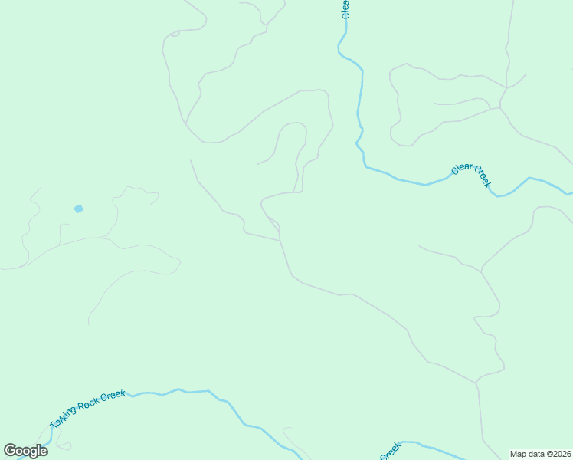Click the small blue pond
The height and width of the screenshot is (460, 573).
pos(78,209)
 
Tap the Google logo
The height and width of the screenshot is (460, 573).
pos(25,451)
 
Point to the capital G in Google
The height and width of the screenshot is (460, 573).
pos(10,450)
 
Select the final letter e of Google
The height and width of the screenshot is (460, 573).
pos(44,452)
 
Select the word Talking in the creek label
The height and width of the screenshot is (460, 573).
pos(64,415)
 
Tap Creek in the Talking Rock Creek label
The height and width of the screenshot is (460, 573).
pos(113,394)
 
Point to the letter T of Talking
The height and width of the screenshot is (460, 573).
pos(53,425)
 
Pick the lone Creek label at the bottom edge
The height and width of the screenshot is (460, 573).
pos(390,452)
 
